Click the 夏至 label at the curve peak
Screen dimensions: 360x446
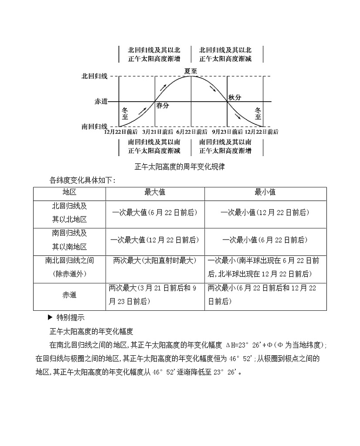click(190, 71)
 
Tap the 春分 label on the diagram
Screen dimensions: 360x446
click(162, 106)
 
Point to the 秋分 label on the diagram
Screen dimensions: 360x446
click(234, 97)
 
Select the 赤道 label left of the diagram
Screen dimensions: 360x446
click(101, 102)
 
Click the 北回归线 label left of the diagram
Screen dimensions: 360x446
click(94, 76)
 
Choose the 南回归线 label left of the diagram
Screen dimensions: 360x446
click(94, 127)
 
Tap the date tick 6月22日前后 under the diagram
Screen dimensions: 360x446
click(190, 132)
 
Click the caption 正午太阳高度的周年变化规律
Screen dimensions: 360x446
click(180, 167)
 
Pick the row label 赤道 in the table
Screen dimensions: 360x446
click(69, 295)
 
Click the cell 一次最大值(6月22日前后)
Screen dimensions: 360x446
click(155, 212)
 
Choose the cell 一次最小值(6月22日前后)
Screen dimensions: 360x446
click(265, 240)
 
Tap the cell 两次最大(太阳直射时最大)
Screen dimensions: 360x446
click(155, 260)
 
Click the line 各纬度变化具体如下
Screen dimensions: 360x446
click(83, 180)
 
